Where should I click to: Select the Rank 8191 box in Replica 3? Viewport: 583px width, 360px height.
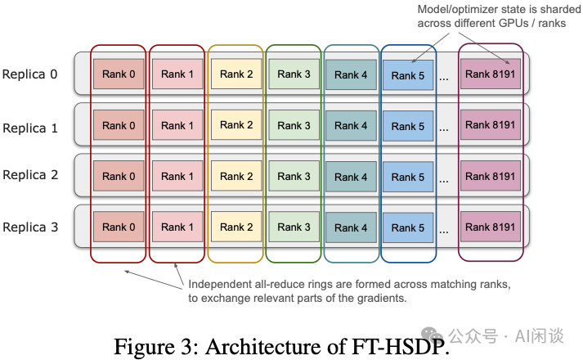click(490, 227)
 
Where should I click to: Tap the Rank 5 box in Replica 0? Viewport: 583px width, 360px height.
click(408, 76)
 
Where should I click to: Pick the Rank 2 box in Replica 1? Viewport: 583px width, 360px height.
click(232, 125)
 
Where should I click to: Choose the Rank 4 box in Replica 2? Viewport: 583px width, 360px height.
click(351, 177)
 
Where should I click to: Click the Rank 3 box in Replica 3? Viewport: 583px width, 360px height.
click(294, 227)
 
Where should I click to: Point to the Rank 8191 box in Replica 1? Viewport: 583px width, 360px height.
click(490, 125)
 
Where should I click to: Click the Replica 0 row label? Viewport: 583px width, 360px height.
click(30, 74)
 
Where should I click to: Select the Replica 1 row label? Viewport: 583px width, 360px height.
click(30, 128)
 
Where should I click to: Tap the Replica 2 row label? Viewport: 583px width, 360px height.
click(30, 175)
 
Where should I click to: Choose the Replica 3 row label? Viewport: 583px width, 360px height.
click(30, 227)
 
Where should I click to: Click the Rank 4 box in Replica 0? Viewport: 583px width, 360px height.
click(351, 75)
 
